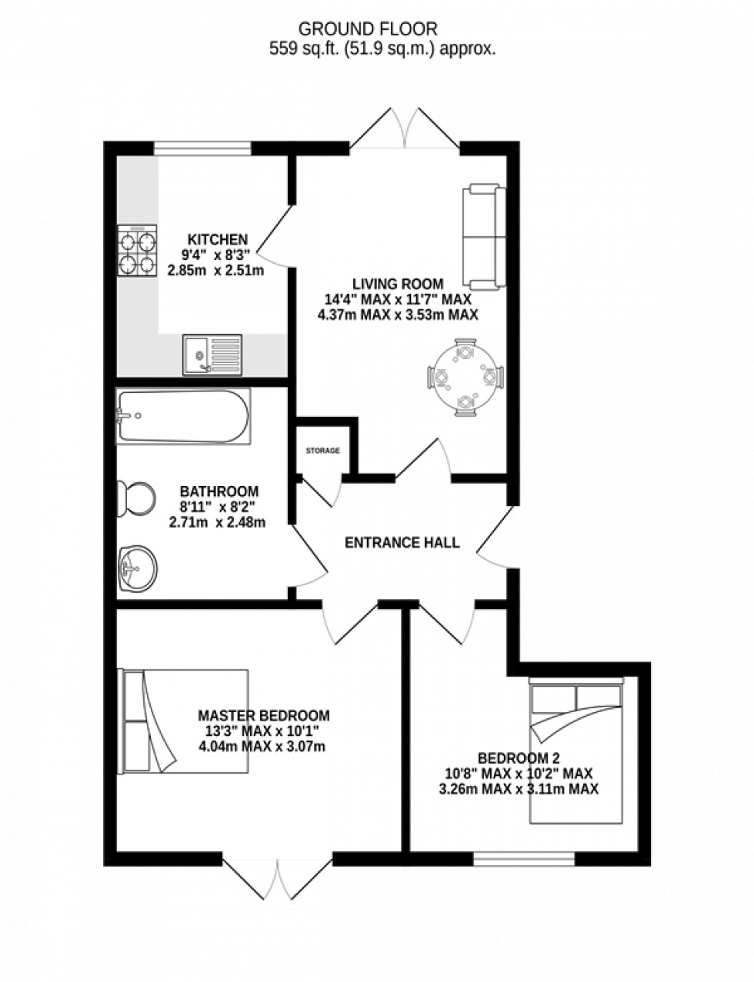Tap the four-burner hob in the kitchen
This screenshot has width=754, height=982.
pos(137,251)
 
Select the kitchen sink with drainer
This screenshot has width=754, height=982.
pos(212,355)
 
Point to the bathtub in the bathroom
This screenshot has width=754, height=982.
pos(183,416)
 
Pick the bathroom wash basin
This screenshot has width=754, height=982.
pos(137,571)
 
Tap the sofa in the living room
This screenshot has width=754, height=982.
pos(484,235)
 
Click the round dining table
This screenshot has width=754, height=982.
pos(465,378)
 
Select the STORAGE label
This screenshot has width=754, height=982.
pos(322,451)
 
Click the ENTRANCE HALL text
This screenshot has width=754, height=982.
pos(402,542)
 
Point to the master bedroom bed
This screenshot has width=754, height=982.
pos(184,721)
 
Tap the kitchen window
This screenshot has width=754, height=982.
pos(202,147)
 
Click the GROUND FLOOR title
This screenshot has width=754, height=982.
pos(368,29)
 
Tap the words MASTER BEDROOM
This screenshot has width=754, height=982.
pos(263,715)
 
